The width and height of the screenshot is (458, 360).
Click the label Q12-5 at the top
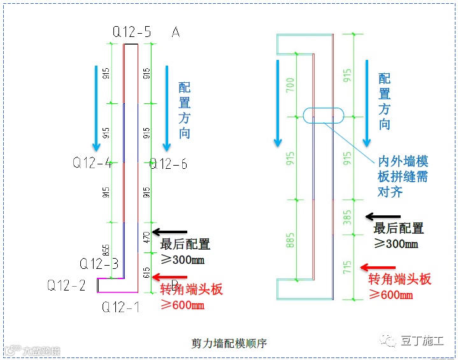coord(132,31)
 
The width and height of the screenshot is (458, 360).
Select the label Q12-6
coord(169,164)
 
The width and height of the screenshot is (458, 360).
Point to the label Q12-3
coord(99,263)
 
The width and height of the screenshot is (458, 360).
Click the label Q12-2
coord(66,285)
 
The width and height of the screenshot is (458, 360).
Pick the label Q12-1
coord(121,307)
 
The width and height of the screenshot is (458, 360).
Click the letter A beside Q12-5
coord(175,32)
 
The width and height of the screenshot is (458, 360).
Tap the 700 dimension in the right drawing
coord(290,87)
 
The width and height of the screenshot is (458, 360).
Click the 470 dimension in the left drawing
coord(148,238)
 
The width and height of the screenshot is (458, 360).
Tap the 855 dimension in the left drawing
coord(106,250)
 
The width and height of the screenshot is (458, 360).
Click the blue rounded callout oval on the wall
coord(323,115)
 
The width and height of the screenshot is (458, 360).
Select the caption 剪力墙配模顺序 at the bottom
coord(229,343)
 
